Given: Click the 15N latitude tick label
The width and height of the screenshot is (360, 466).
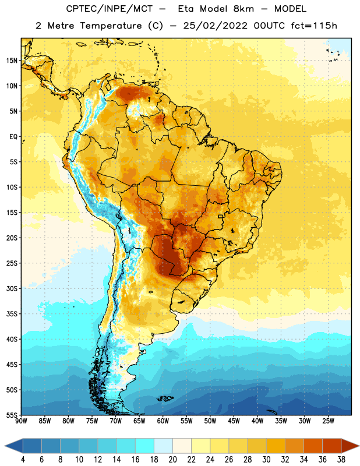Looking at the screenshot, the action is [12, 61].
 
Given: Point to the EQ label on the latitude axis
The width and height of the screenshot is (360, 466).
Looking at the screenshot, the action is [13, 137].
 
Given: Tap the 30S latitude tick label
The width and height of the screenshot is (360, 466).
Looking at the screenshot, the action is [12, 288].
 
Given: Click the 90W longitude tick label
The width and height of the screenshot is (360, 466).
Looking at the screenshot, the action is [21, 421].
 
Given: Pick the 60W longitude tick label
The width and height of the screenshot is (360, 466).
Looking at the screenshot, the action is [163, 421].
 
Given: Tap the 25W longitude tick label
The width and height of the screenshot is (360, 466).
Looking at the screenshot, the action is [328, 421].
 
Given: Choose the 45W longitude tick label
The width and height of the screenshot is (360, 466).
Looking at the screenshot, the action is [234, 421].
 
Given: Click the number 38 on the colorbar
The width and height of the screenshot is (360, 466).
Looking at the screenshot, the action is [341, 460].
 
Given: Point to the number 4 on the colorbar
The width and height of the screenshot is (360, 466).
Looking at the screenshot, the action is [23, 460].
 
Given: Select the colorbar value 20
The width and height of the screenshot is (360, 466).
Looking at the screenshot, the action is [172, 460].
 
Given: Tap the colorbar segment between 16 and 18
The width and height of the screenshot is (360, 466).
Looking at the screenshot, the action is [145, 446].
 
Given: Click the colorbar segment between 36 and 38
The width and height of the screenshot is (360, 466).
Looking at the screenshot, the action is [332, 446].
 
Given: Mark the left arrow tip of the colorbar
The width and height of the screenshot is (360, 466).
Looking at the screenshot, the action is [5, 446].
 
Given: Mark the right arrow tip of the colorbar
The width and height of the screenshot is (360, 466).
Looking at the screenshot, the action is [359, 446].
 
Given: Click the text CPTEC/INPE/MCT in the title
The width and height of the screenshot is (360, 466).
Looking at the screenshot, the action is [110, 9].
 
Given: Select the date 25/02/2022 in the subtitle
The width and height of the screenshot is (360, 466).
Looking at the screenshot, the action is [215, 26].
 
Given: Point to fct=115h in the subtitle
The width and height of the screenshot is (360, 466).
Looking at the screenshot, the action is [314, 26].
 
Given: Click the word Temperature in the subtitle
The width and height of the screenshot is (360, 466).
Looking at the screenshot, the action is [111, 26].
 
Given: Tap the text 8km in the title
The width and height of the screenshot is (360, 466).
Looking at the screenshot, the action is [243, 9].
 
